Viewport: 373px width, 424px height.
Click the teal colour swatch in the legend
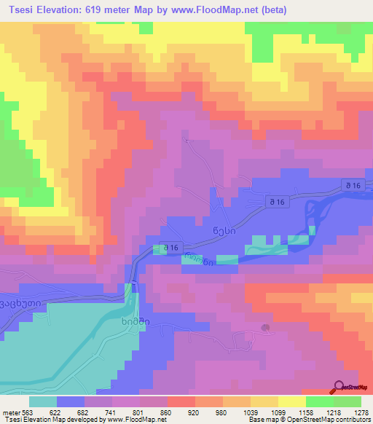tap(43, 401)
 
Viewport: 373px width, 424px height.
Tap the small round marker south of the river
tap(265, 328)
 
